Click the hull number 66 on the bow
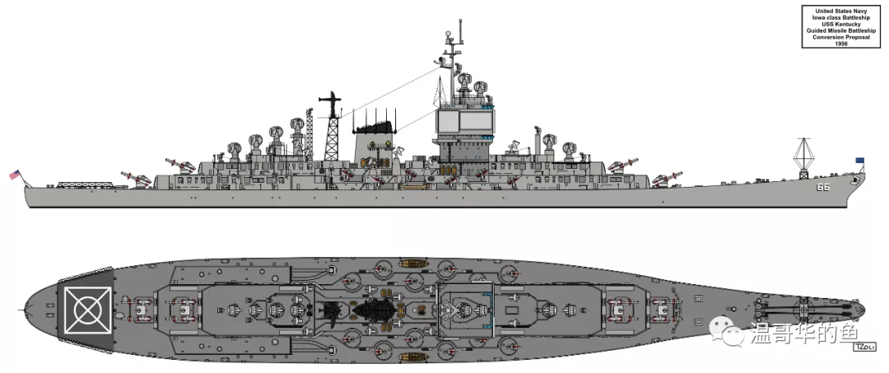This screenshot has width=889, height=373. pos(822,186)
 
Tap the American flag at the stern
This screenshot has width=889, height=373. pos(14,175)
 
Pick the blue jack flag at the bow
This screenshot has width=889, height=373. pos(860,161)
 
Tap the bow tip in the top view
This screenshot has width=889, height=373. pos(864,310)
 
